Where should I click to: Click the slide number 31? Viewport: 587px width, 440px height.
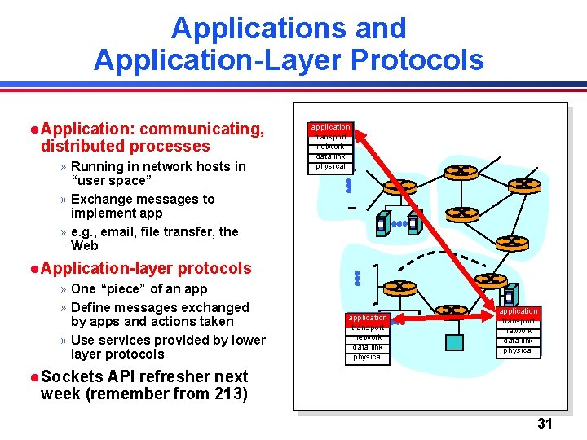coord(545,423)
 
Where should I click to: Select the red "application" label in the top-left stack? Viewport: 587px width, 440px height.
coord(330,127)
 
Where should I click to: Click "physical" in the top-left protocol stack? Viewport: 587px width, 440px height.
coord(330,166)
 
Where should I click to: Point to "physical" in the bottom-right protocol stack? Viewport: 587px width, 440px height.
coord(518,350)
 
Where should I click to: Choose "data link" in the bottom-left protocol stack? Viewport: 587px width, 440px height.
coord(368,346)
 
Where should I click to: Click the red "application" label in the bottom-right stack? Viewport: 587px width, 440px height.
coord(518,311)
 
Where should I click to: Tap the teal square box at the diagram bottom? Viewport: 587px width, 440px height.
coord(454,341)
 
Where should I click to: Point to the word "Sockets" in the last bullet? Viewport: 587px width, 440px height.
coord(69,376)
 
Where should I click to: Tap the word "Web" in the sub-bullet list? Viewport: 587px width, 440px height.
coord(84,245)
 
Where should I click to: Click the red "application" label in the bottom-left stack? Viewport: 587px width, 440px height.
coord(368,317)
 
